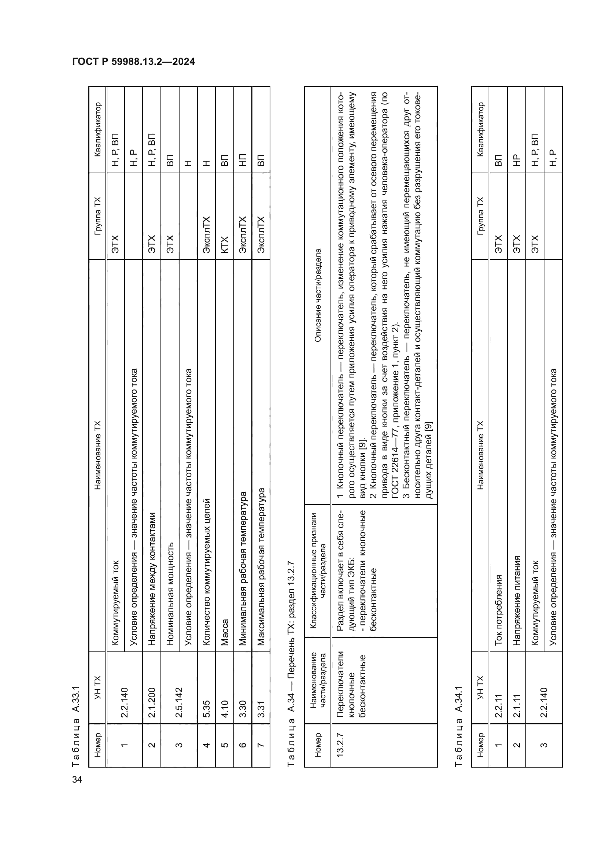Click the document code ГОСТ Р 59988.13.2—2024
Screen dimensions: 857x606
coord(134,62)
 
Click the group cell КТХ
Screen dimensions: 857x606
coord(225,245)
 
